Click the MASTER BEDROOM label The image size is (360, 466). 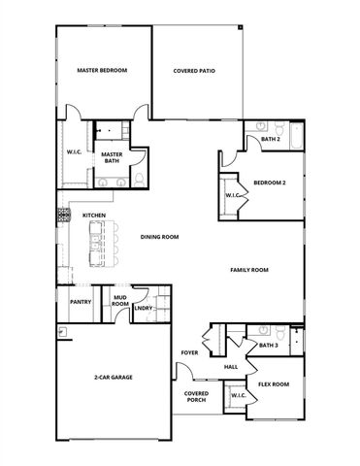102,71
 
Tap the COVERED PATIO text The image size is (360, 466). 193,71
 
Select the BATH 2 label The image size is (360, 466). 271,140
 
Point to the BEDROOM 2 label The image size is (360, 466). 269,182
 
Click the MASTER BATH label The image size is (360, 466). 111,156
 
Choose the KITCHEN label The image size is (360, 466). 93,216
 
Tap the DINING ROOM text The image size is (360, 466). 159,236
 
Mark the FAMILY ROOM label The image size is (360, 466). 248,270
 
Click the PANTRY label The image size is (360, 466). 80,302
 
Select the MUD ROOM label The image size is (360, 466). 120,302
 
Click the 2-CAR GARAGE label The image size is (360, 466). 113,376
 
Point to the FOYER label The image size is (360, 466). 189,352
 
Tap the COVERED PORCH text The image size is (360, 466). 197,397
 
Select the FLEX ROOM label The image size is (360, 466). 274,384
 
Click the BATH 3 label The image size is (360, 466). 268,345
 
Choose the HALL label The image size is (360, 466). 231,367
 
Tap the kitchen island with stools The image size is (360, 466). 99,244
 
